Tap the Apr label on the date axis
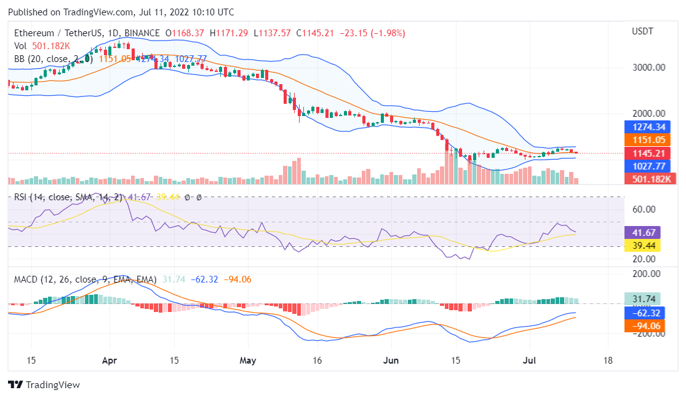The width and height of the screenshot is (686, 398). pyautogui.click(x=110, y=360)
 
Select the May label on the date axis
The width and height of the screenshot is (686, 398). pyautogui.click(x=248, y=360)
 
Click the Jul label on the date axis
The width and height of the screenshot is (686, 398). pyautogui.click(x=530, y=360)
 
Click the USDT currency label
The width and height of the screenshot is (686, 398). pyautogui.click(x=643, y=31)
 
